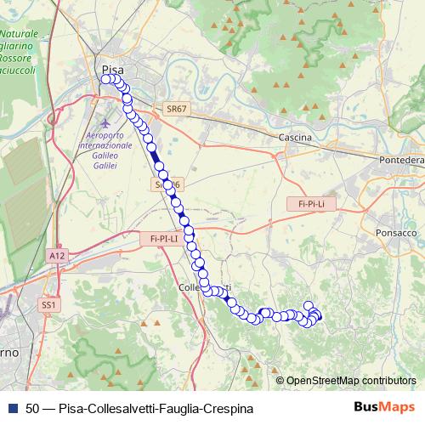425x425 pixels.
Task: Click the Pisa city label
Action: pyautogui.click(x=112, y=69)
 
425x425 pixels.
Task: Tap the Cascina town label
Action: pyautogui.click(x=295, y=137)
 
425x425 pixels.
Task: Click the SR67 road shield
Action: pyautogui.click(x=177, y=109)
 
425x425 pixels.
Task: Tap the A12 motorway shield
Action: pyautogui.click(x=57, y=255)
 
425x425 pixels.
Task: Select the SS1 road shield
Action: pyautogui.click(x=50, y=304)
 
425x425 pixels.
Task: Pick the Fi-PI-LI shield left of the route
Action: pyautogui.click(x=161, y=239)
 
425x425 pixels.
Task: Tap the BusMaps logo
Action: pyautogui.click(x=383, y=407)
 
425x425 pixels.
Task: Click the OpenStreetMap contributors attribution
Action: pyautogui.click(x=350, y=380)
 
